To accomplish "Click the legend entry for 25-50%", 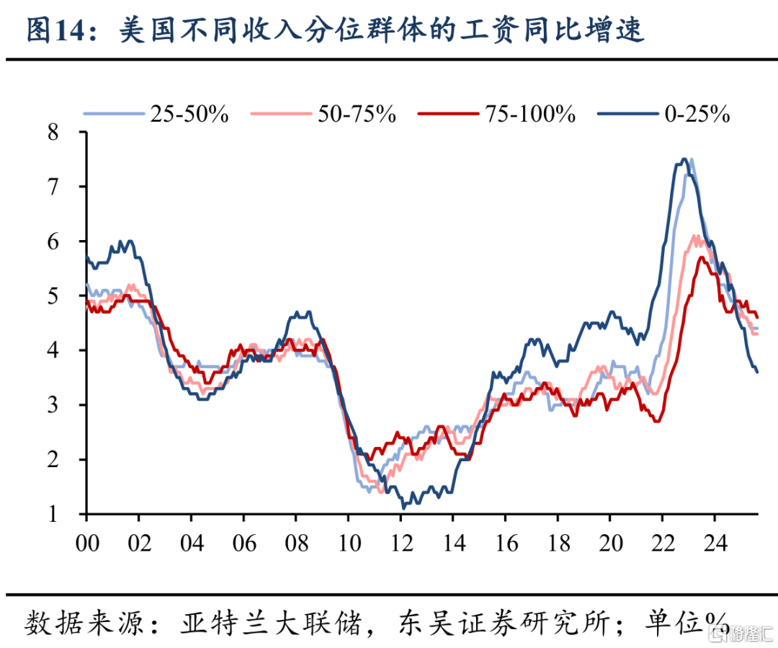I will point(189,113).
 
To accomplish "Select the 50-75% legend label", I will point(357,113).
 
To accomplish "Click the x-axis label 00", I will point(86,541).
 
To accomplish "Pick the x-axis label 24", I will point(714,541).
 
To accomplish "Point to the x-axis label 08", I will point(295,541).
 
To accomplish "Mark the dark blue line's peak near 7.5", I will point(683,159).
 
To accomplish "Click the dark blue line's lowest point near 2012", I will point(403,507).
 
